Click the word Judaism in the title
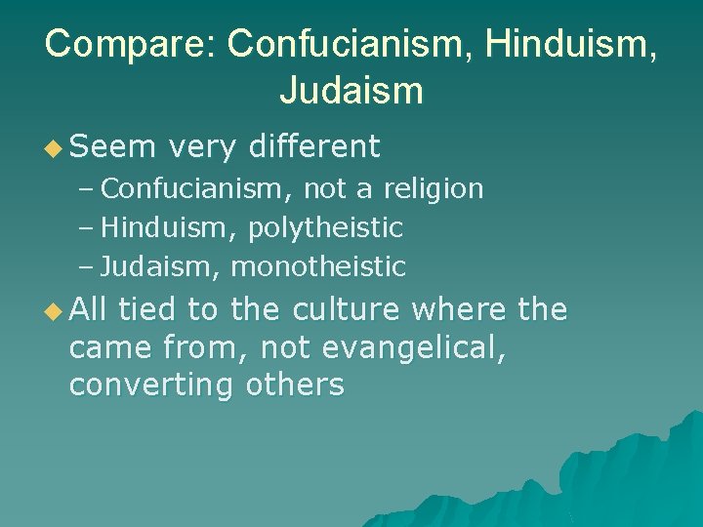pos(351,92)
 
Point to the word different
pos(314,147)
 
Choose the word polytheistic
pos(325,227)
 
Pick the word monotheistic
pos(318,266)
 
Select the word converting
pos(151,385)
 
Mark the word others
pos(295,385)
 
